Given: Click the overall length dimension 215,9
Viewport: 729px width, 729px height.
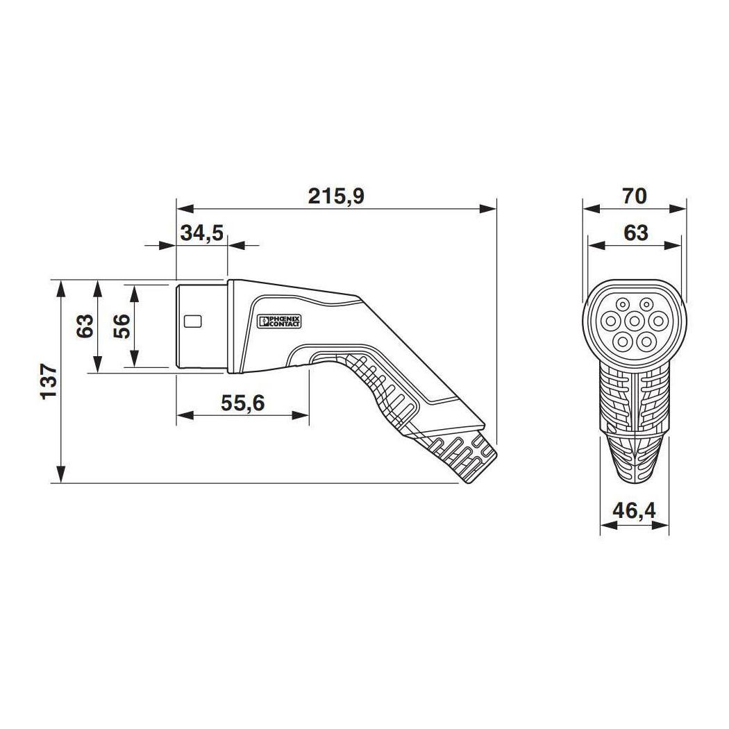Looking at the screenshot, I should (x=336, y=196).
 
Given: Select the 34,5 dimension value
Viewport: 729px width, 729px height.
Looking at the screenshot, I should (x=201, y=233).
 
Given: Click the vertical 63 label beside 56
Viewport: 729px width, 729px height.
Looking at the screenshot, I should (x=84, y=326).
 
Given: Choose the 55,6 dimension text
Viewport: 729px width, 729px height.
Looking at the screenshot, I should (x=243, y=402).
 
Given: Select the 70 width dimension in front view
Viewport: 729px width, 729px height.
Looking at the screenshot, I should (x=635, y=196).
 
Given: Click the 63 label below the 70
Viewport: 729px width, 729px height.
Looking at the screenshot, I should (x=635, y=233).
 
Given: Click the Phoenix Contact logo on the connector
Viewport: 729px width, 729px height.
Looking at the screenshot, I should (x=279, y=321).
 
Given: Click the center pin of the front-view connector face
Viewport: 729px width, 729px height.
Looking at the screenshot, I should (x=635, y=321).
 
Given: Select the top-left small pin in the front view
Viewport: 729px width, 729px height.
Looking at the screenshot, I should (x=623, y=303).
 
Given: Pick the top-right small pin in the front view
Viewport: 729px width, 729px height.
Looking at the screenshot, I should (x=646, y=303).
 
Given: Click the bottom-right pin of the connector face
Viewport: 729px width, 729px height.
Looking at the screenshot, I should (x=646, y=340).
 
